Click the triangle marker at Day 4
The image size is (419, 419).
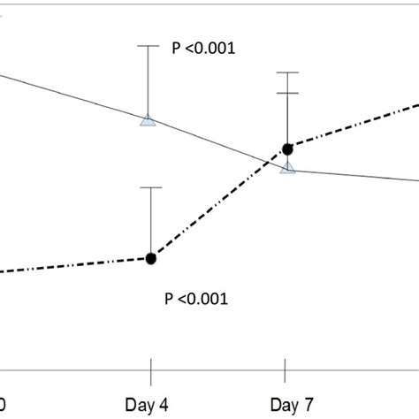149,119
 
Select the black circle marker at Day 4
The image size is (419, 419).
151,258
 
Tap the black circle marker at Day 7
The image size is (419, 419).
287,149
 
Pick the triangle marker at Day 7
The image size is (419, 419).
287,167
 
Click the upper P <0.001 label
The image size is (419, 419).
202,50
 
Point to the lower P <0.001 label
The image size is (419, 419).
196,299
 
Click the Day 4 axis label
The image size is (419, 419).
152,405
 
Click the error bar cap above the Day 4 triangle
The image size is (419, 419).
149,45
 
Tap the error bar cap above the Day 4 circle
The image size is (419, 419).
151,187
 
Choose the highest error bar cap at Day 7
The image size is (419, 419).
287,72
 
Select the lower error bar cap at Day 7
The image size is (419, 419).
287,93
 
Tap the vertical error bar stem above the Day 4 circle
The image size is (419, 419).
151,221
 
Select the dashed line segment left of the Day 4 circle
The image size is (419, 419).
80,264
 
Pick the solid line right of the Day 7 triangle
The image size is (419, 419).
354,174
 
